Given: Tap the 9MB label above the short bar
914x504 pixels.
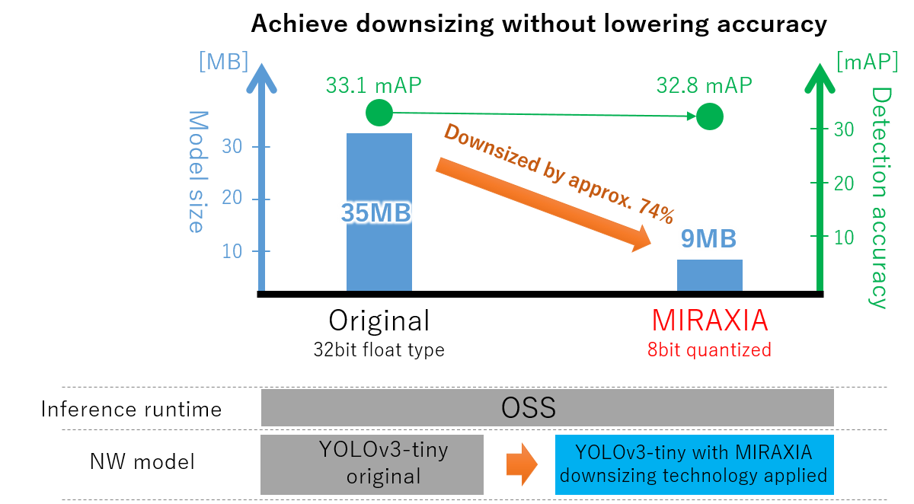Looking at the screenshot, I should pyautogui.click(x=708, y=240).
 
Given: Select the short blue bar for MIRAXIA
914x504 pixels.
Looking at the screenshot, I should pyautogui.click(x=709, y=275).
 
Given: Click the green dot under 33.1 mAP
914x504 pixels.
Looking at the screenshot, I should pyautogui.click(x=379, y=113).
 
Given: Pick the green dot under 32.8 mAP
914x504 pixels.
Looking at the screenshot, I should pyautogui.click(x=709, y=117).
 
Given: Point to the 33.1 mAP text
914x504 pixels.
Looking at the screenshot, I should pyautogui.click(x=373, y=84).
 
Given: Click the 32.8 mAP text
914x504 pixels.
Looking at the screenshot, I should pyautogui.click(x=704, y=84).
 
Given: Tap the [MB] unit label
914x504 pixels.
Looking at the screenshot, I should pyautogui.click(x=223, y=62).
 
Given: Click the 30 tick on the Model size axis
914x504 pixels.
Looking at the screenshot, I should pyautogui.click(x=236, y=147).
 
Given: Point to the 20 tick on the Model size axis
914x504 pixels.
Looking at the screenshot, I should pyautogui.click(x=236, y=199).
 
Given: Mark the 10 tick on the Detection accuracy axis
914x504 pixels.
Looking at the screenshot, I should pyautogui.click(x=844, y=237).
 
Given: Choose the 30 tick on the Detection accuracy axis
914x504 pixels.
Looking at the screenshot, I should pyautogui.click(x=844, y=129).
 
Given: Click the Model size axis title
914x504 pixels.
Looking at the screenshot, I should pyautogui.click(x=197, y=171).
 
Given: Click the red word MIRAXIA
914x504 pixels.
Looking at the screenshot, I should pyautogui.click(x=709, y=321).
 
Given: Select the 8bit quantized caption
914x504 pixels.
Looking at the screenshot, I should pyautogui.click(x=709, y=349).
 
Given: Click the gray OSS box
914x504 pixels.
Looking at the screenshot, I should pyautogui.click(x=547, y=408).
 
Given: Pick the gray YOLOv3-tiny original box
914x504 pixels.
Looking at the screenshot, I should pyautogui.click(x=372, y=464).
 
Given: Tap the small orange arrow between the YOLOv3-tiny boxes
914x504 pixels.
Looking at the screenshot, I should pyautogui.click(x=522, y=464).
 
